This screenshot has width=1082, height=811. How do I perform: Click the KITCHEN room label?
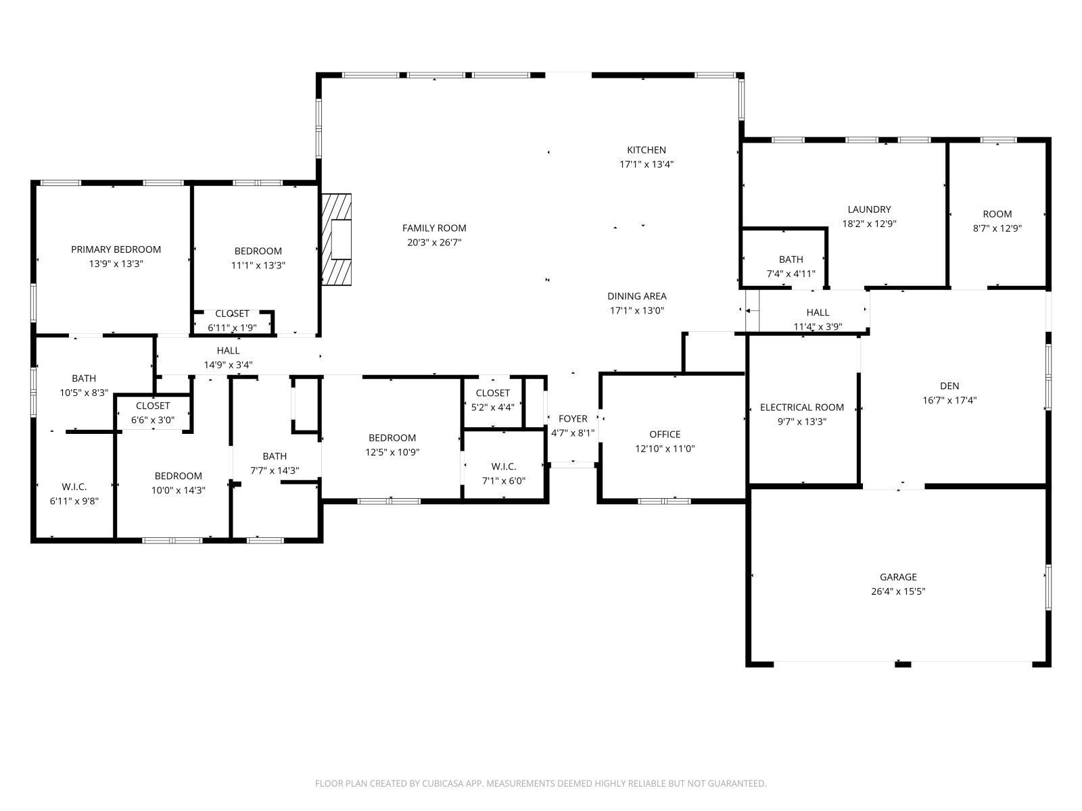tap(646, 150)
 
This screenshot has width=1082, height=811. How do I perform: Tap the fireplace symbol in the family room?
tap(337, 239)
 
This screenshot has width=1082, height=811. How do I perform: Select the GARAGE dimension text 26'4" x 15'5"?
tap(898, 591)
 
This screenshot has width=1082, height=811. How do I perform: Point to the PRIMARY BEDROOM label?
tap(116, 249)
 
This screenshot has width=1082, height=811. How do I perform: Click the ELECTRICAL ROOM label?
tap(801, 407)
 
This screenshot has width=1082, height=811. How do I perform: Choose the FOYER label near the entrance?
tap(573, 419)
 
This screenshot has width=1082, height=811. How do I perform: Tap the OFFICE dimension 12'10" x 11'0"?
tap(665, 449)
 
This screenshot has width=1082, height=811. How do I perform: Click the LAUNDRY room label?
tap(869, 210)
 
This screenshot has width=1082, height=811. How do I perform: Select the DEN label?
tap(949, 386)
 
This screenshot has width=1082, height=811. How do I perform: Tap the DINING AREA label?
tap(636, 296)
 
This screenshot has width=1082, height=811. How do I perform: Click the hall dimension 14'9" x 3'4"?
tap(228, 365)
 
